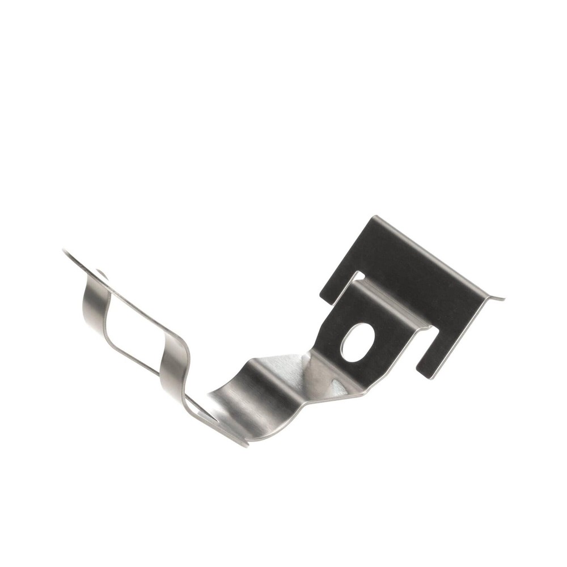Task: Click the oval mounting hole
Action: click(357, 342)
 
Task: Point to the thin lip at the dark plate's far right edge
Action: click(496, 297)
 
